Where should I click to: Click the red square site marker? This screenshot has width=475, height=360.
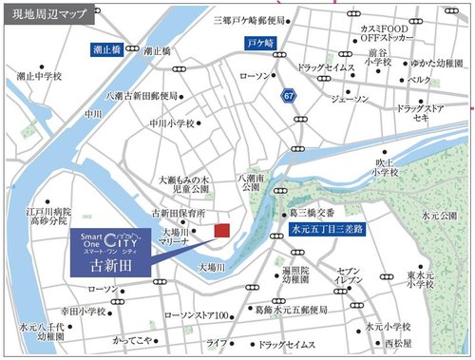(221, 231)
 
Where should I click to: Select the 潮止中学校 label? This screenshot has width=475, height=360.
(39, 75)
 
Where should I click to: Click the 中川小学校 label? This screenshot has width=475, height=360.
(170, 123)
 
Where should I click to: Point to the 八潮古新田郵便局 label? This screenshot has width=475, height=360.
(145, 96)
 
